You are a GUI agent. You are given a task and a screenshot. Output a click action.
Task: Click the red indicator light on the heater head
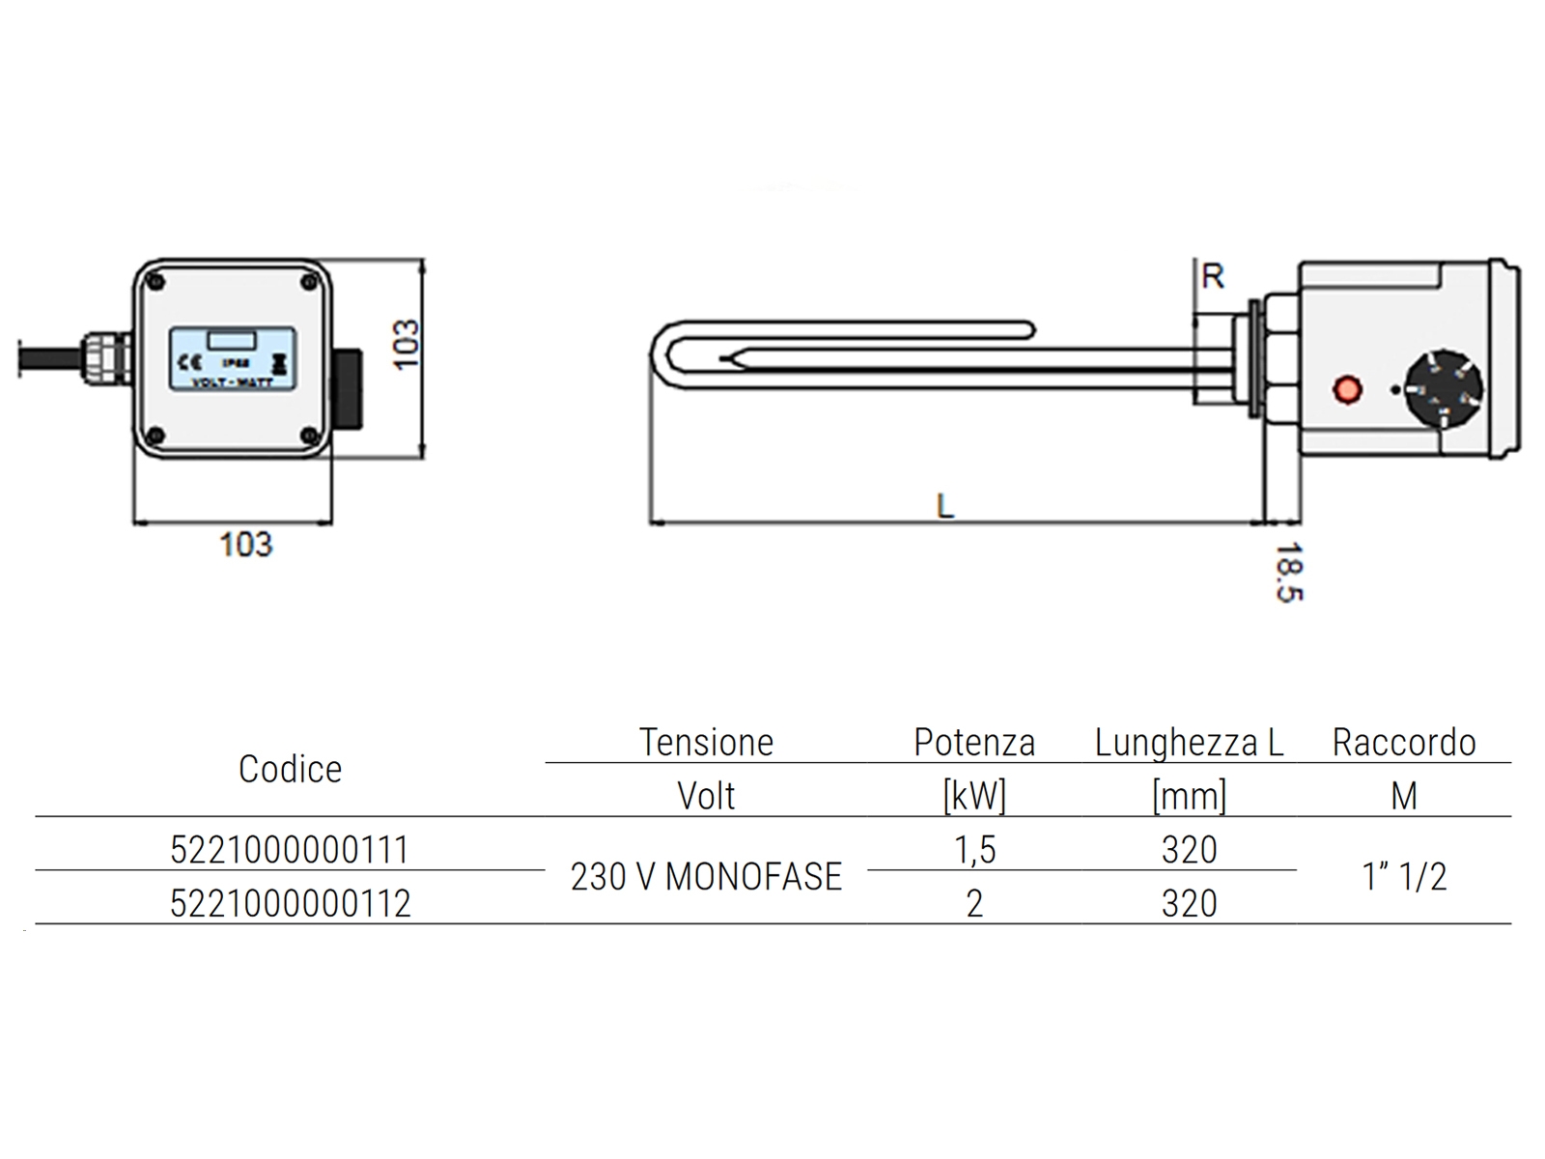pos(1347,390)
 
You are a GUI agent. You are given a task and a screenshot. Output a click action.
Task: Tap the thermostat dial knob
pos(1442,389)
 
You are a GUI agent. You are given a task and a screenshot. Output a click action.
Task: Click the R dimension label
pos(1213,276)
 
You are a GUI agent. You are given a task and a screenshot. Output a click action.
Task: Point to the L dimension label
pos(945,504)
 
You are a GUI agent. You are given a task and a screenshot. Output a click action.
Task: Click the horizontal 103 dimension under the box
pos(246,545)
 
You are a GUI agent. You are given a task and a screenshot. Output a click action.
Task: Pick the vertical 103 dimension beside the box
pos(407,344)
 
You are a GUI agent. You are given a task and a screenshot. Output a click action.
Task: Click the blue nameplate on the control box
pos(233,358)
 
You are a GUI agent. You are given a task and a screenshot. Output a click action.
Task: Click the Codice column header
pos(290,769)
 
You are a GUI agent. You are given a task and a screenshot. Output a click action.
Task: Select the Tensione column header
pos(706,742)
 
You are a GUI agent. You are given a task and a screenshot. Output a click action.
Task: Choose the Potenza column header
pos(974,742)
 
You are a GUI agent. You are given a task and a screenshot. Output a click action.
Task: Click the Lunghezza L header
pos(1189,742)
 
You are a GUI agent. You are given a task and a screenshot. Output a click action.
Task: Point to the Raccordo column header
pos(1404,742)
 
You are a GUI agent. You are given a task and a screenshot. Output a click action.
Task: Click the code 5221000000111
pos(290,850)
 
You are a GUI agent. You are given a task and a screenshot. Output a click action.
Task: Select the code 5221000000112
pos(290,903)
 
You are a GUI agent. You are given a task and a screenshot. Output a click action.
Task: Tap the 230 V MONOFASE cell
pos(706,876)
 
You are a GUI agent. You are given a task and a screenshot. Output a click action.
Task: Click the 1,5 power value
pos(974,850)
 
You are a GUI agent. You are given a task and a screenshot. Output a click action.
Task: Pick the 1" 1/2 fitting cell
pos(1404,876)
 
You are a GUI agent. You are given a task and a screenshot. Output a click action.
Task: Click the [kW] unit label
pos(974,796)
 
